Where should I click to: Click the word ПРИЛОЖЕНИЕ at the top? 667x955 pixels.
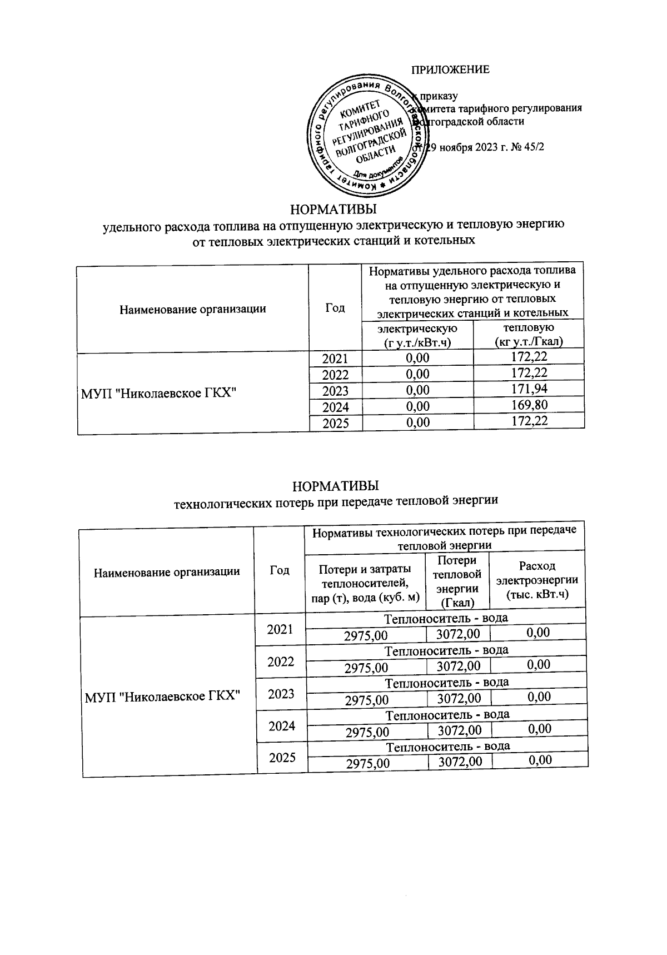[450, 69]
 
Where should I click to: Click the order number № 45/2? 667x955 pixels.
[520, 148]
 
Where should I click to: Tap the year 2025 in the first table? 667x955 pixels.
[335, 423]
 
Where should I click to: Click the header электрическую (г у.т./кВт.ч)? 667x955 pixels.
[417, 335]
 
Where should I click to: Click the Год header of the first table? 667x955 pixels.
[335, 308]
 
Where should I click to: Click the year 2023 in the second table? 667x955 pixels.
[281, 694]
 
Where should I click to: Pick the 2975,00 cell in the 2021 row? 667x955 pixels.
[366, 635]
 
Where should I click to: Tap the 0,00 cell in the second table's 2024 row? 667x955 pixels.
[540, 728]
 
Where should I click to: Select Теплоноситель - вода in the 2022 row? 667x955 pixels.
[447, 650]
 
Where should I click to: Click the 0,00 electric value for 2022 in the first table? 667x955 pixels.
[417, 374]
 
